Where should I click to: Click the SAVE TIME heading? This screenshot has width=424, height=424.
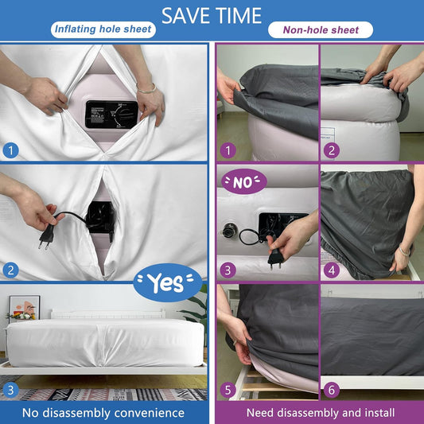tap(212, 16)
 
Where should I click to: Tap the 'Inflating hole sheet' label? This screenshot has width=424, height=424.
tap(103, 29)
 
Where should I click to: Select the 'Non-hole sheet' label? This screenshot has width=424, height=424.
tap(321, 29)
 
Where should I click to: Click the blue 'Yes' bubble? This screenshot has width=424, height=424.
tap(168, 282)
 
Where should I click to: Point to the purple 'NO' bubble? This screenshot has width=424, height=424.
tap(244, 181)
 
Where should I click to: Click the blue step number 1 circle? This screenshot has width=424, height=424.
tap(11, 150)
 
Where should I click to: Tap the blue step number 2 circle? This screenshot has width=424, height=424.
tap(11, 270)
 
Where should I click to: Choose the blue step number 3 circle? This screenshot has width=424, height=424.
tap(11, 391)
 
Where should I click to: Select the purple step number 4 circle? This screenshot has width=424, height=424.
tap(332, 270)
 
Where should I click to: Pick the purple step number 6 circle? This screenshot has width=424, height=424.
tap(332, 391)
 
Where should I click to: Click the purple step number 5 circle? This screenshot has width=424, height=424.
tap(228, 391)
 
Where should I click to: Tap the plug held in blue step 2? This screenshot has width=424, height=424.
tap(46, 236)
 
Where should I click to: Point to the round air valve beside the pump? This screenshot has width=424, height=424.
tap(230, 230)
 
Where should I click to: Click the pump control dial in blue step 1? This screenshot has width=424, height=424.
tap(122, 115)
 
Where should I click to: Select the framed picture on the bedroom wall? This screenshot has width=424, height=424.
tap(25, 309)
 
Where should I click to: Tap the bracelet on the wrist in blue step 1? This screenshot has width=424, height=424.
tap(146, 88)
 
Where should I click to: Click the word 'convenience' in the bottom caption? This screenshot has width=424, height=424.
tap(150, 413)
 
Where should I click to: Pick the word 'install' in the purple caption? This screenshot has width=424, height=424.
tap(379, 413)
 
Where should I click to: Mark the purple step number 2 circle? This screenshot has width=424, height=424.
tap(332, 150)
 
